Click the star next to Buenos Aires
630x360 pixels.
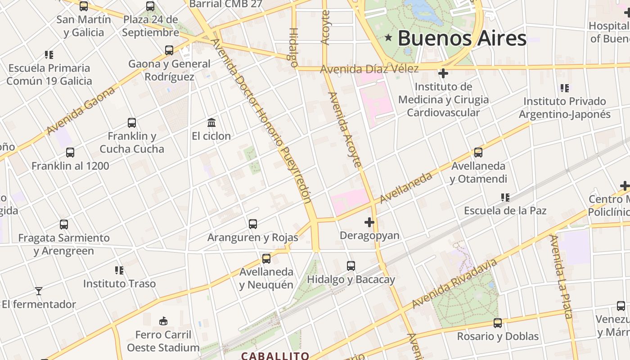point(388,38)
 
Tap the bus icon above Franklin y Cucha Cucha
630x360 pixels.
point(132,123)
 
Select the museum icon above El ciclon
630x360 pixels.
point(211,122)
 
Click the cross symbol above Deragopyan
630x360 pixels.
point(369,222)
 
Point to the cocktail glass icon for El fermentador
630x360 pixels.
point(39,291)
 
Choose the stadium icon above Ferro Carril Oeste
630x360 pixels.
point(163,321)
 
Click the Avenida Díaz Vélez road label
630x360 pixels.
point(369,69)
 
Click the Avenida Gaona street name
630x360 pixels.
point(81,110)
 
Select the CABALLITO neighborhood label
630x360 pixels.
point(275,356)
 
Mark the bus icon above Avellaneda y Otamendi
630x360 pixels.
point(478,153)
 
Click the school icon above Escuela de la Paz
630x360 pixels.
point(505,197)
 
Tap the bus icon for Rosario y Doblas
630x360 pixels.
point(498,323)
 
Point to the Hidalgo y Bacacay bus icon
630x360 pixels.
point(351,266)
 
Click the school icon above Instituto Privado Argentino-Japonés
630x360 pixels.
point(564,88)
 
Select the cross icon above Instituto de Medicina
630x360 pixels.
point(443,73)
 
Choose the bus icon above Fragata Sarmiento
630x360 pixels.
point(64,224)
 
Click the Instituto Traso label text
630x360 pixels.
point(119,283)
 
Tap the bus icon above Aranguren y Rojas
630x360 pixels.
point(253,224)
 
